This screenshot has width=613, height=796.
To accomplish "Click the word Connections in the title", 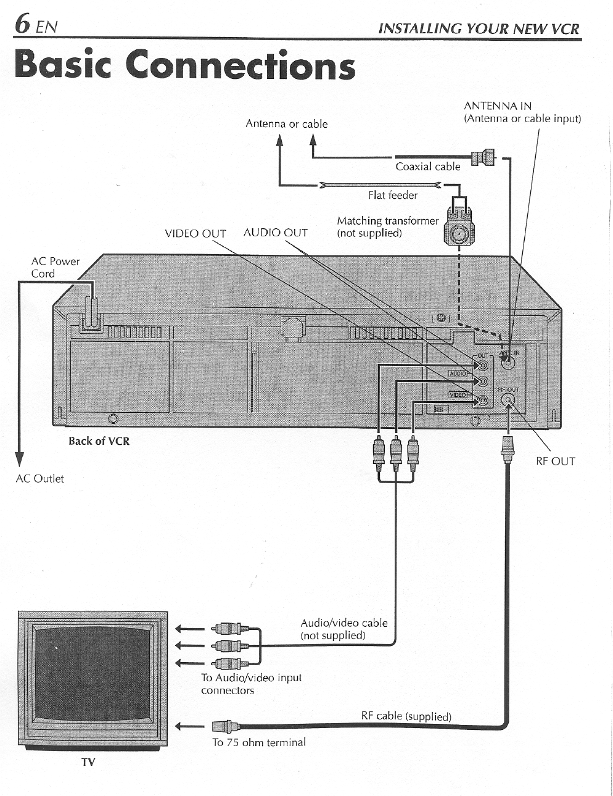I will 241,65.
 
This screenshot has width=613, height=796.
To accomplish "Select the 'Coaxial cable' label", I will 427,167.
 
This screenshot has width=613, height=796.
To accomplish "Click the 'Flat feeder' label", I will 392,195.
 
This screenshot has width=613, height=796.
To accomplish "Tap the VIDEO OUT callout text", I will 195,233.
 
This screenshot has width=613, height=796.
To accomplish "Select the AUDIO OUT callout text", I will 275,233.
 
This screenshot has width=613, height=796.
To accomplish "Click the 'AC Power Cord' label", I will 55,267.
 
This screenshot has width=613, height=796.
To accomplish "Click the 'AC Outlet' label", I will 39,478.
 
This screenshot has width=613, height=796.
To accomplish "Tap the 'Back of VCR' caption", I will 99,441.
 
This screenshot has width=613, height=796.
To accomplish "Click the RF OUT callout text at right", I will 555,461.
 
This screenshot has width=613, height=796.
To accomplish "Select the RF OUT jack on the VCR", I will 508,400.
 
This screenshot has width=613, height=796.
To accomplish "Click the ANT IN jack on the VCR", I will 508,362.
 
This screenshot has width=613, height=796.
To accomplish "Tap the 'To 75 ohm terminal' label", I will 258,742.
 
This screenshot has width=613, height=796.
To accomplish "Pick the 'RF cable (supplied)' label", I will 406,716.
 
